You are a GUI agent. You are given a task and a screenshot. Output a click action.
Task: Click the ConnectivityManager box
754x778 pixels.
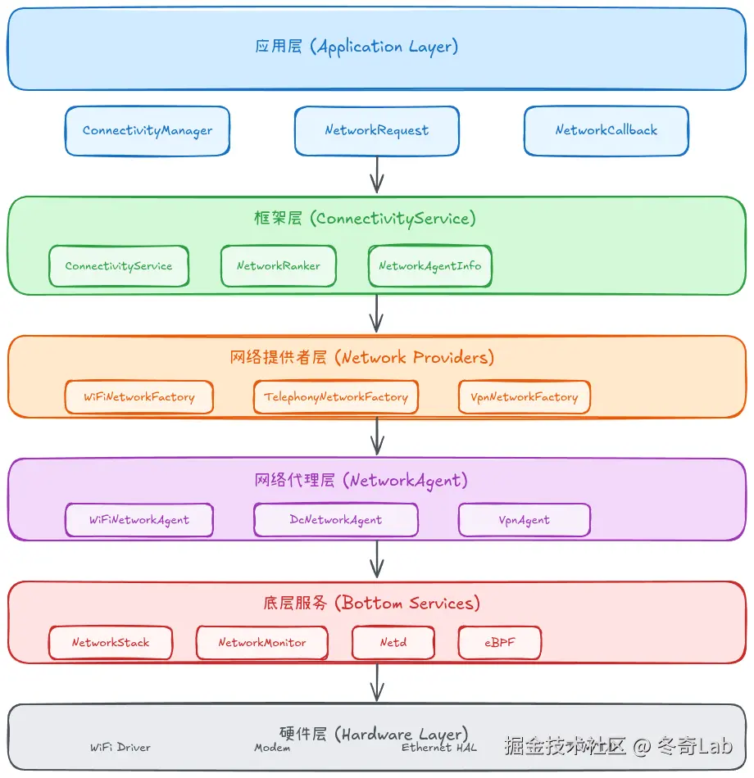point(148,131)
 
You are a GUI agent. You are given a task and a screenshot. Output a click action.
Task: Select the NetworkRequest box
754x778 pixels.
point(377,131)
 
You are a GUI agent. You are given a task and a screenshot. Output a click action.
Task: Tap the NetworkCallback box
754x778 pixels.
point(606,131)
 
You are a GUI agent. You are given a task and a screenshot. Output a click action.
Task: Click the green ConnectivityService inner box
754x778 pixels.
point(119,266)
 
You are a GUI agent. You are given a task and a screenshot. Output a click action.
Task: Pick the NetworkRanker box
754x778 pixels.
point(279,266)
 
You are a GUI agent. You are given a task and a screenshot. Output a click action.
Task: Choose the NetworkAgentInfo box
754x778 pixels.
point(430,266)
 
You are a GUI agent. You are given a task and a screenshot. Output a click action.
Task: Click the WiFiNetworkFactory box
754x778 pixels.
point(139,397)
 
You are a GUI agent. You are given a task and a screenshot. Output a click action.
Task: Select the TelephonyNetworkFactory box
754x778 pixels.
point(336,397)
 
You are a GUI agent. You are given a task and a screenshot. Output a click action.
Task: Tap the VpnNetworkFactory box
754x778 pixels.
point(525,397)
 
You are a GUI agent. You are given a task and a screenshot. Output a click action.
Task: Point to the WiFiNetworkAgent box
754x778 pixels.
point(139,520)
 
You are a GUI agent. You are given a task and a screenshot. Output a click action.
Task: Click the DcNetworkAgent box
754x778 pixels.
point(336,520)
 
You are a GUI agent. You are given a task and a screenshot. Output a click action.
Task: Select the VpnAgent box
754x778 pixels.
point(525,520)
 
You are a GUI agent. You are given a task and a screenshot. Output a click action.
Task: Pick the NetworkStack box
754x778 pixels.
point(111,643)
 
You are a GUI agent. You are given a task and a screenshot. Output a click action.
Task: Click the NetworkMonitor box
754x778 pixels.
point(262,643)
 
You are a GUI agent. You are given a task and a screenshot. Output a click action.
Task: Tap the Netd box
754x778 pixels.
point(393,643)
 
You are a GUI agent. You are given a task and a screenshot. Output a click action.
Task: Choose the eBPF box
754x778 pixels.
point(500,643)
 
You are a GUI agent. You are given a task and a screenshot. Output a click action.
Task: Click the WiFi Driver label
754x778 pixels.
point(120,748)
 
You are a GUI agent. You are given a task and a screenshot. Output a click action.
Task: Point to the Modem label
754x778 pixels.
point(272,748)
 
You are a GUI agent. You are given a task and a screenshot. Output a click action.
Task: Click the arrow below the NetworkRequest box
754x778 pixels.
point(377,174)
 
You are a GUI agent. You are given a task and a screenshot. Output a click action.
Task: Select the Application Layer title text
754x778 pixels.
point(357,47)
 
